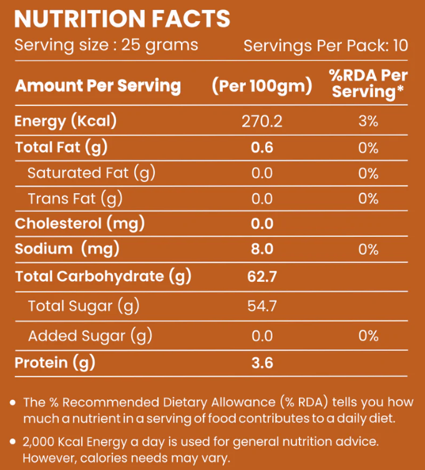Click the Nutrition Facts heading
pos(122,19)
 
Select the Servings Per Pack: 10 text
pos(326,46)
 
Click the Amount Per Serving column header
pos(98,85)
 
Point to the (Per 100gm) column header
pos(262,86)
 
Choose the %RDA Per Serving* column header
pos(368,84)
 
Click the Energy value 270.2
pos(262,121)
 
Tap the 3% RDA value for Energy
pos(368,121)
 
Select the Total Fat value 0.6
pos(262,148)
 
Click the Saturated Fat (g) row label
pos(91,173)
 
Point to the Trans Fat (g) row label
pos(75,198)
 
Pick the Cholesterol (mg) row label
pos(80,223)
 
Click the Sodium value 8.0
pos(262,249)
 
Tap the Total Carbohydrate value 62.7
pos(262,276)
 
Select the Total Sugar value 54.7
pos(262,306)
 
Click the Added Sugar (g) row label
pos(90,336)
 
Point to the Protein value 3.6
pos(262,363)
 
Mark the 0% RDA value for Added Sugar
pos(368,336)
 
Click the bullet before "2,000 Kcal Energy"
pos(13,442)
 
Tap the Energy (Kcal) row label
pos(66,121)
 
